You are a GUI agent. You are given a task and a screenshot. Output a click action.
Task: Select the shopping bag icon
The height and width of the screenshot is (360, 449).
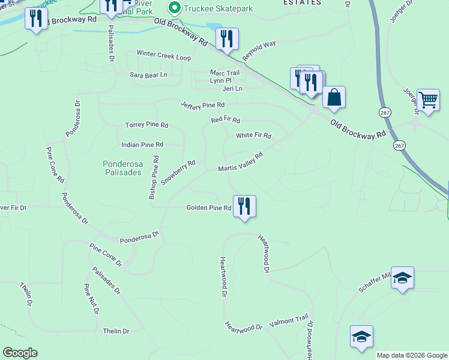[x=334, y=98]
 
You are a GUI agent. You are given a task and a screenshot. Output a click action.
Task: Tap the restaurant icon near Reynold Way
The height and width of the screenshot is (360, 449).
[x=227, y=39]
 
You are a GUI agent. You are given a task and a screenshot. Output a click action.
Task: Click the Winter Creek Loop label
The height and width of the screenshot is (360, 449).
[x=163, y=54]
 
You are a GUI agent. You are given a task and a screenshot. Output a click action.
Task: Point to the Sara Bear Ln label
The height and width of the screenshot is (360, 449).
[x=148, y=75]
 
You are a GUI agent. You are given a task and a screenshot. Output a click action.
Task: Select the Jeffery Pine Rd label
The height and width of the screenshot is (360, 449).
[x=203, y=104]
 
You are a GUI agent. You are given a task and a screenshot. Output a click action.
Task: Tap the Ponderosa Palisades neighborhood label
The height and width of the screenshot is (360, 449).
[x=122, y=167]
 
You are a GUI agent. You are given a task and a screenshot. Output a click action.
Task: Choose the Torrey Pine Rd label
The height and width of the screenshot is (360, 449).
[x=146, y=125]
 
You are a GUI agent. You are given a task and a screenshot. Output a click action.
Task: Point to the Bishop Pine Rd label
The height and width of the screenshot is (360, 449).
[x=154, y=178]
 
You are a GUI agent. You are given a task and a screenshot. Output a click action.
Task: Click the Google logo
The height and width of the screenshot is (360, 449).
[x=20, y=353]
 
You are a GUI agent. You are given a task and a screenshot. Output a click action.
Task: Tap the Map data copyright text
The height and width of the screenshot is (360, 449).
[x=412, y=355]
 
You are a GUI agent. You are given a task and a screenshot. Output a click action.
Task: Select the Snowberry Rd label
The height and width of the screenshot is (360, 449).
[x=178, y=172]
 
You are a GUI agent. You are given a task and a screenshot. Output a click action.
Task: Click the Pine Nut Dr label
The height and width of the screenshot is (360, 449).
[x=91, y=299]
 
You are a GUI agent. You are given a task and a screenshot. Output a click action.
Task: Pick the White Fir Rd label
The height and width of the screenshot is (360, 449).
[x=253, y=136]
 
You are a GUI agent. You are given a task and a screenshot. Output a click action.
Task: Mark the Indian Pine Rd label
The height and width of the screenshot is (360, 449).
[x=142, y=145]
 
